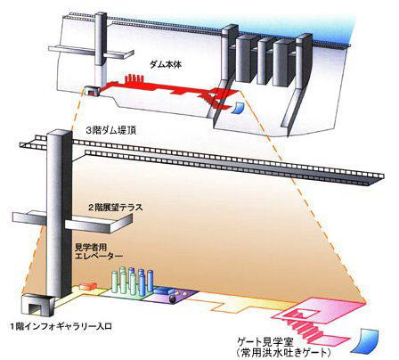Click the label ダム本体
click(165, 64)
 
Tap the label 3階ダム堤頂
click(110, 130)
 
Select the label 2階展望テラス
click(115, 207)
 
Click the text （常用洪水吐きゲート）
click(284, 353)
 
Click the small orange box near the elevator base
click(87, 286)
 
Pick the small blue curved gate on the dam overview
click(238, 108)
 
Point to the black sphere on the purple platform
click(172, 299)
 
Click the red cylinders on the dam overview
click(134, 78)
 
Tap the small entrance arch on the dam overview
click(91, 90)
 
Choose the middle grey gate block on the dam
click(263, 61)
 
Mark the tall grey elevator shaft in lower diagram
click(59, 213)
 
